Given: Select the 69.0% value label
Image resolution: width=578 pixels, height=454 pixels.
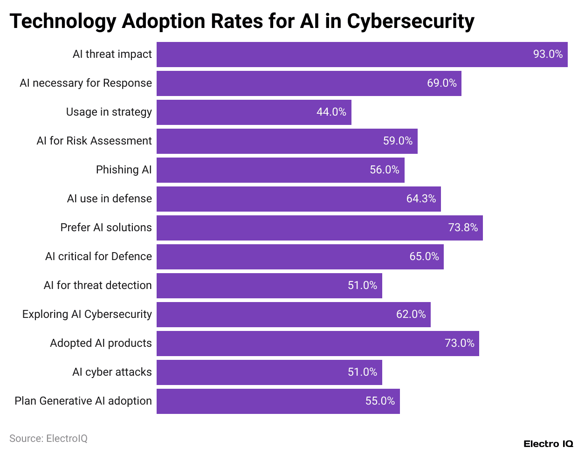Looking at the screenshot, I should click(x=441, y=83).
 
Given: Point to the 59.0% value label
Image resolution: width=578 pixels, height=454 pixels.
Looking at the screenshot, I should click(x=398, y=141).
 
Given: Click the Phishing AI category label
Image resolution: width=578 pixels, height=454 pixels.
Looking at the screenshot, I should click(x=124, y=170).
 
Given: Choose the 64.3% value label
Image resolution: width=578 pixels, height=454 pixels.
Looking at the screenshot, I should click(x=421, y=199).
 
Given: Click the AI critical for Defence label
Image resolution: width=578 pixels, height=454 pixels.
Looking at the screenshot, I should click(x=98, y=256).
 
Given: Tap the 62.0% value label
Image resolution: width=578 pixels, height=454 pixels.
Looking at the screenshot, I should click(x=411, y=315).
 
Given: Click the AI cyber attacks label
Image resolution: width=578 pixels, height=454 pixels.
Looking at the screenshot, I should click(x=112, y=372).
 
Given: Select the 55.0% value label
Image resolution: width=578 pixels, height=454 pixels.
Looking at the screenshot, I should click(x=380, y=401).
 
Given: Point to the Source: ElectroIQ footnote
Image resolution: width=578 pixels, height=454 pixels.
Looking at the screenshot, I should click(x=48, y=439).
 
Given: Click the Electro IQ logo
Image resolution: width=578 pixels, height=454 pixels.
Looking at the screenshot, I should click(x=548, y=444).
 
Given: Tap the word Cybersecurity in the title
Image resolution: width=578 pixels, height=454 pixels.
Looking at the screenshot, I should click(x=411, y=21).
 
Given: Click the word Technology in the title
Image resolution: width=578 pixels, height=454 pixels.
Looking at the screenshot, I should click(x=62, y=21).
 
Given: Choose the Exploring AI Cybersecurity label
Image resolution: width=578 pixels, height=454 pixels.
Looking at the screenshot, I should click(x=87, y=314).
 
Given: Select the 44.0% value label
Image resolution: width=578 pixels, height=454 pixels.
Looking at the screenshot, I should click(x=331, y=112).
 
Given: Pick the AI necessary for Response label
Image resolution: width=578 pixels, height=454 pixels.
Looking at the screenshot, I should click(x=86, y=83).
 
